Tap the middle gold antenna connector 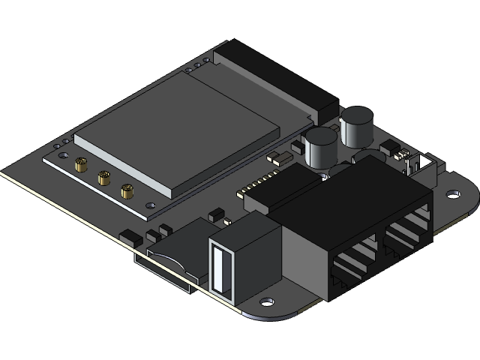pyautogui.click(x=104, y=178)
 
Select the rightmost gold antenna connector pyautogui.click(x=127, y=191)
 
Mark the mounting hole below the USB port pyautogui.click(x=267, y=303)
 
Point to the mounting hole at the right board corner pyautogui.click(x=453, y=194)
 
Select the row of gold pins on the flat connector pyautogui.click(x=259, y=184)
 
